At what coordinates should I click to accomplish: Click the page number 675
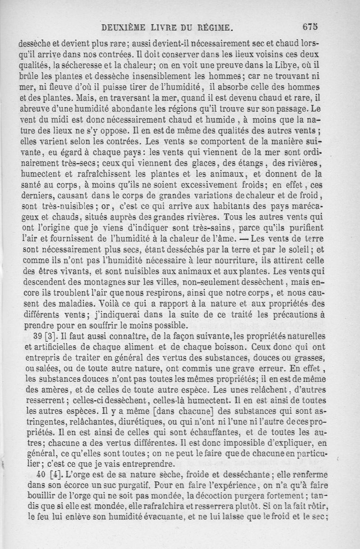tap(310, 27)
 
